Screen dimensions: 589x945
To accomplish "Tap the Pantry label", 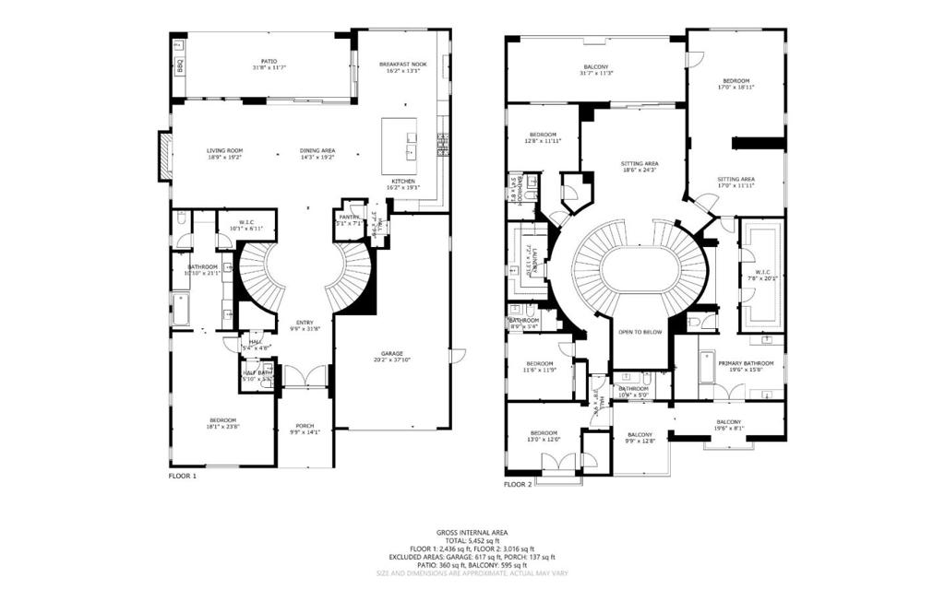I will pos(349,218).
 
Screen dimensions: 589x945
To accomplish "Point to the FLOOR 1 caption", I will pos(182,476).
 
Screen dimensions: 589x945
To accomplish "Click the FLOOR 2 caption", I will pos(518,483).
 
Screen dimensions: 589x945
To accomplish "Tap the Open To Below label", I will pos(640,332).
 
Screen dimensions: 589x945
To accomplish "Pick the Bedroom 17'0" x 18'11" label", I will pos(736,84).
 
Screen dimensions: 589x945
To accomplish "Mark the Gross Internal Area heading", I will pos(472,533).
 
